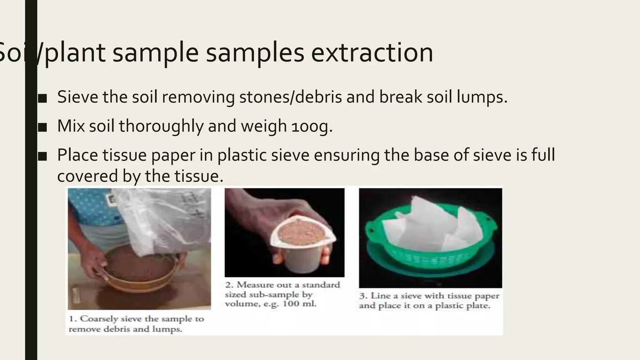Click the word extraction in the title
coord(372,52)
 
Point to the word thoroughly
coord(161,126)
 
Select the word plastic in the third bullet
coord(242,155)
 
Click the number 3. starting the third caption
coord(363,296)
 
